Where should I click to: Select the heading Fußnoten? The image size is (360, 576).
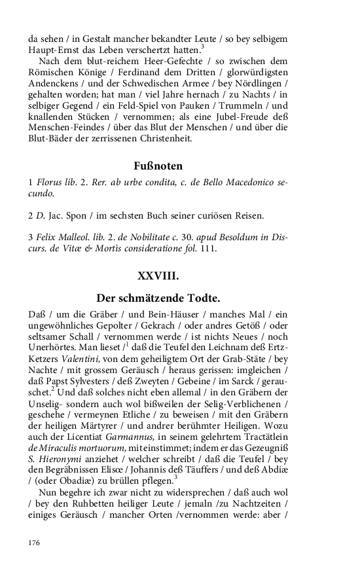point(158,166)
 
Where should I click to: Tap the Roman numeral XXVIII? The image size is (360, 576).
point(158,276)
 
